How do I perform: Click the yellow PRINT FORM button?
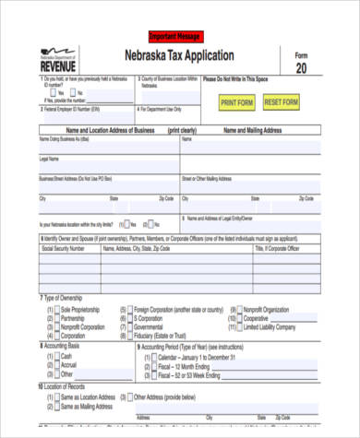point(237,102)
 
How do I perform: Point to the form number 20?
point(301,69)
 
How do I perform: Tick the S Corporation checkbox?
point(126,319)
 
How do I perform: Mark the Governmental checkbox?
point(126,328)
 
